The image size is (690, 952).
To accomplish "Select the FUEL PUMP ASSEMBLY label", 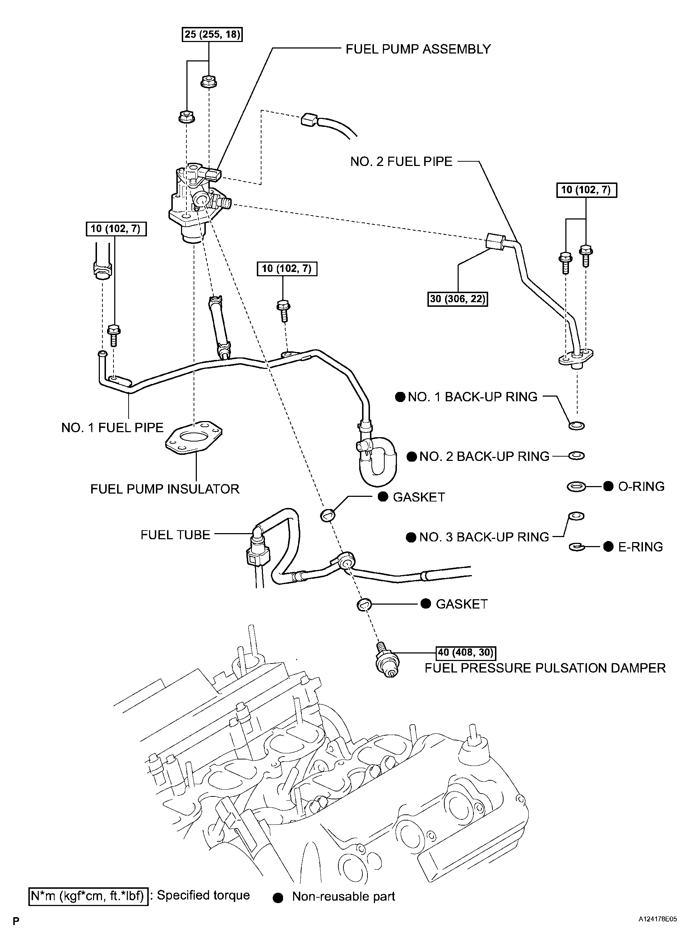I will tap(418, 49).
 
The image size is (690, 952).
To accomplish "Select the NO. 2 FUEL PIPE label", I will tap(401, 162).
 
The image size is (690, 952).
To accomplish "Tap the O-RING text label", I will tap(641, 486).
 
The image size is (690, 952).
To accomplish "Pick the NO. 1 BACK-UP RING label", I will tap(472, 397).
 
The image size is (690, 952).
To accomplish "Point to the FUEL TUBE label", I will tap(175, 535).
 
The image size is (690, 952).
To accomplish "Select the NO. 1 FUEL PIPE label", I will tap(112, 428).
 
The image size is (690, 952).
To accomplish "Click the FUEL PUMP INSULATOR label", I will tap(165, 489).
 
